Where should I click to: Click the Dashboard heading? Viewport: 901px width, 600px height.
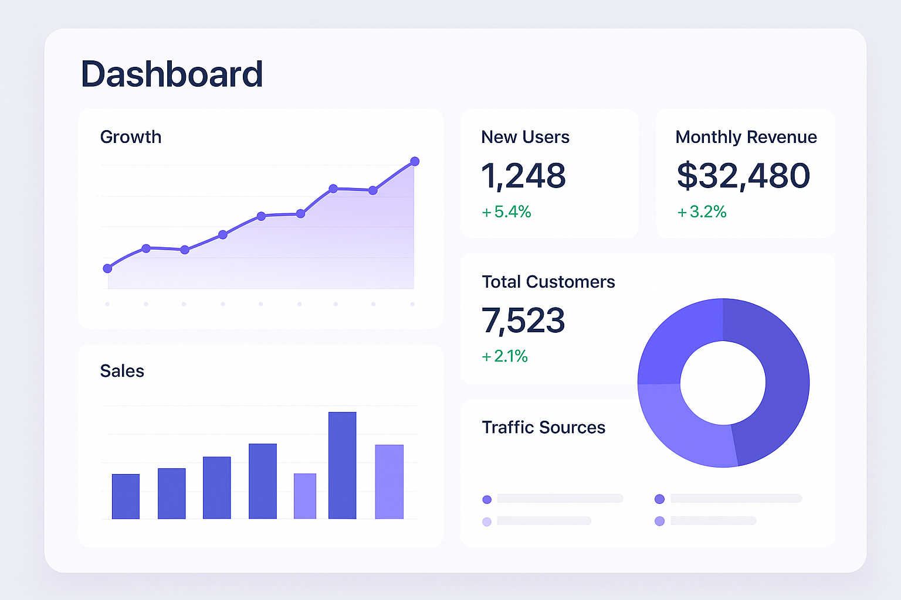click(x=172, y=74)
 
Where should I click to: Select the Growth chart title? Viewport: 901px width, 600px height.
click(x=131, y=137)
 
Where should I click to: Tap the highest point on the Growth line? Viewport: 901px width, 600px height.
click(x=415, y=161)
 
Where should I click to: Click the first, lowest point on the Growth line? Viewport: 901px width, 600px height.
click(x=107, y=268)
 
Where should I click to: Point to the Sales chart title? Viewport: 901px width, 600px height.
click(x=122, y=371)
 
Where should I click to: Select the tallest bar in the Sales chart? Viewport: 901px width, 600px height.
click(x=343, y=465)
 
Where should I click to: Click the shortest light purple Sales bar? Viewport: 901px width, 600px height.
click(x=305, y=496)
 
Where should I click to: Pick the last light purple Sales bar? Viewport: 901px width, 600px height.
click(x=389, y=482)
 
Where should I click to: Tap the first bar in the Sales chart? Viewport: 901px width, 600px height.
click(x=126, y=496)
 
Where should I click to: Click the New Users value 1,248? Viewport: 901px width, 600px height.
click(x=523, y=176)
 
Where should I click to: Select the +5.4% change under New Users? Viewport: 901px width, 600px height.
click(x=506, y=212)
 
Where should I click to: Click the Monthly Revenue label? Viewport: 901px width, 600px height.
click(x=746, y=137)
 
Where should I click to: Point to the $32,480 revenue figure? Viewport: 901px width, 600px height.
click(x=743, y=176)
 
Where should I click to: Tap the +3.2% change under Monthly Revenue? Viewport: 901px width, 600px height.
click(x=702, y=212)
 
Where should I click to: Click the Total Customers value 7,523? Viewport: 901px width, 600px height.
click(x=523, y=321)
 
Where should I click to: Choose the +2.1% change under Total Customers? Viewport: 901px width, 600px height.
click(x=504, y=356)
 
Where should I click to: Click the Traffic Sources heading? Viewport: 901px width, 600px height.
click(x=543, y=428)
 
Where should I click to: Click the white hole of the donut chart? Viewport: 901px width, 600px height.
click(x=723, y=383)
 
